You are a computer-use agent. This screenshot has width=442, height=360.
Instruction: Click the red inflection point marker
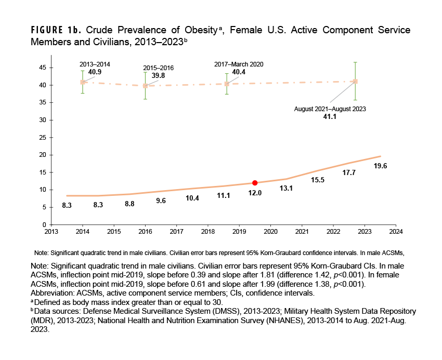coord(255,183)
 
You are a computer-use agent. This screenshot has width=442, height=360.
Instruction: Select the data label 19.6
coord(380,166)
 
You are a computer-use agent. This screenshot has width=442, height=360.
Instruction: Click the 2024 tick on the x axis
coord(396,232)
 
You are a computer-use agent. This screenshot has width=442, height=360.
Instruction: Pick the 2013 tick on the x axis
coord(51,232)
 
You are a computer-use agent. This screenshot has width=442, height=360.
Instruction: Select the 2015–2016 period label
coord(159,68)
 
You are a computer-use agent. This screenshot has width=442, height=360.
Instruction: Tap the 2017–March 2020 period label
coord(239,64)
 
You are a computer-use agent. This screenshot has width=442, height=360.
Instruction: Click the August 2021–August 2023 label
coord(330,109)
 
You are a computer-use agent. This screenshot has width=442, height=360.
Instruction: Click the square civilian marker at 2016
coord(145,86)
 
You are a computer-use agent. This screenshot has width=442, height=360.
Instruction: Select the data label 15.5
coord(318,180)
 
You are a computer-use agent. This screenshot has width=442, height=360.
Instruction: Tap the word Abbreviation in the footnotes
coord(53,293)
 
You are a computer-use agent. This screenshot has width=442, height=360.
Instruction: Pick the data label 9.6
coord(161,201)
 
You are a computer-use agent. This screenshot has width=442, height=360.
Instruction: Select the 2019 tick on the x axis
coord(239,232)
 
